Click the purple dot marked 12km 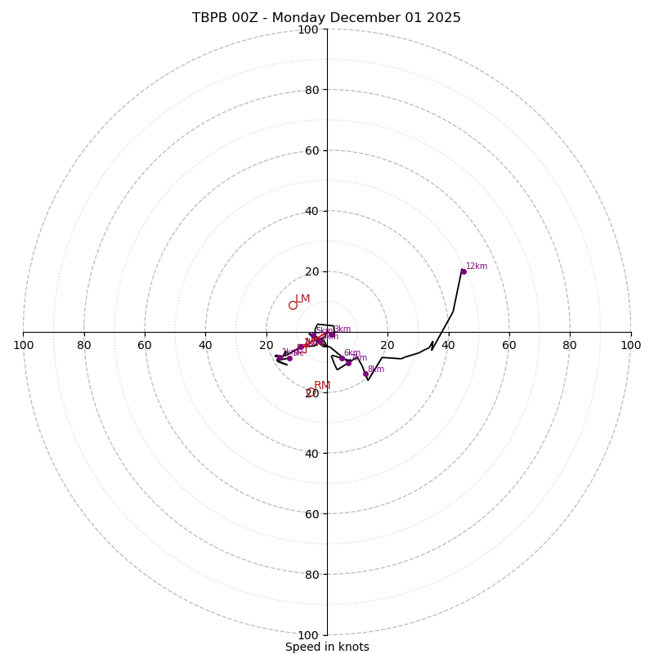(464, 271)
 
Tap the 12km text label (477, 267)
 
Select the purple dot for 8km (365, 374)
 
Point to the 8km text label (376, 370)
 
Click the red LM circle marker (293, 306)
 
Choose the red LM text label (302, 299)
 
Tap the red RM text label (322, 386)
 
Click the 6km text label (352, 353)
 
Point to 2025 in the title (443, 18)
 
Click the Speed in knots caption (327, 647)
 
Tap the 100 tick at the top (308, 30)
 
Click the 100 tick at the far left (24, 345)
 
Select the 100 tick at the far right (630, 345)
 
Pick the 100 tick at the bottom (308, 635)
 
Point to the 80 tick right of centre (570, 345)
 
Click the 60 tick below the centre (311, 514)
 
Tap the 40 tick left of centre (205, 345)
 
